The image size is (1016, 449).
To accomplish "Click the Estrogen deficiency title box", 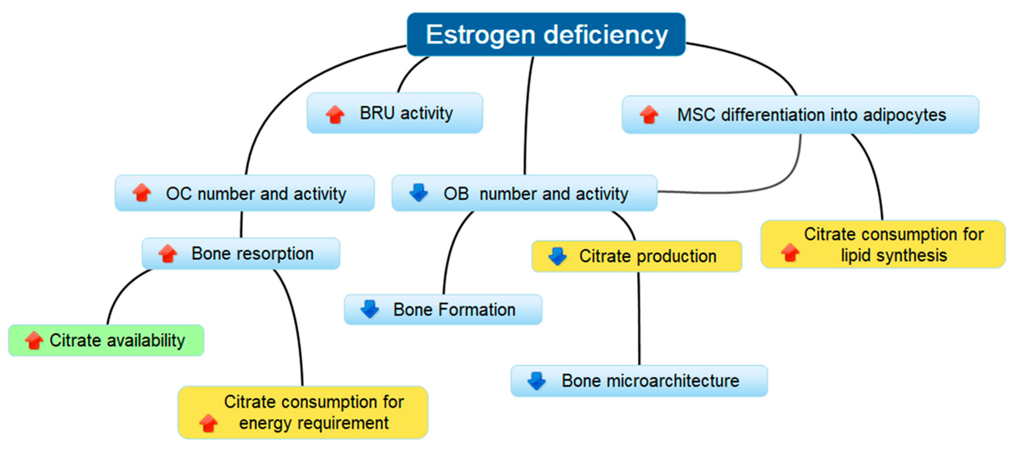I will click(546, 35).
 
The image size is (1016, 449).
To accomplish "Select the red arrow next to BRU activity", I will click(335, 115).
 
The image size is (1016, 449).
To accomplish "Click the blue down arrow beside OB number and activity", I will click(419, 193).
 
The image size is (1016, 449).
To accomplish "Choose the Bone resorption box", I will click(241, 254).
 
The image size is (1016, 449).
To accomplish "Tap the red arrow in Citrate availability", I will click(34, 340).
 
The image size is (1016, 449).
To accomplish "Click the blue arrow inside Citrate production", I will click(557, 256).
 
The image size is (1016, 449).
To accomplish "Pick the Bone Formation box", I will click(443, 310).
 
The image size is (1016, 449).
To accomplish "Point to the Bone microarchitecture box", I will click(639, 381).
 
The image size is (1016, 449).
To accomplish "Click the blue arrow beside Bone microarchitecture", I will click(536, 381).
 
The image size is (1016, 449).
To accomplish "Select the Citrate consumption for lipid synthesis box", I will click(883, 244).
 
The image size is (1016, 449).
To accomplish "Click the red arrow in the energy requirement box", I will click(208, 423).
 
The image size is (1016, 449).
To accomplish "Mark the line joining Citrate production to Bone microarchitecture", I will click(639, 319).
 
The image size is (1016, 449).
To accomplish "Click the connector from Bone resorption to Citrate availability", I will click(120, 292).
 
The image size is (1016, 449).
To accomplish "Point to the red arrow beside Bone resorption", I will click(168, 254).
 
